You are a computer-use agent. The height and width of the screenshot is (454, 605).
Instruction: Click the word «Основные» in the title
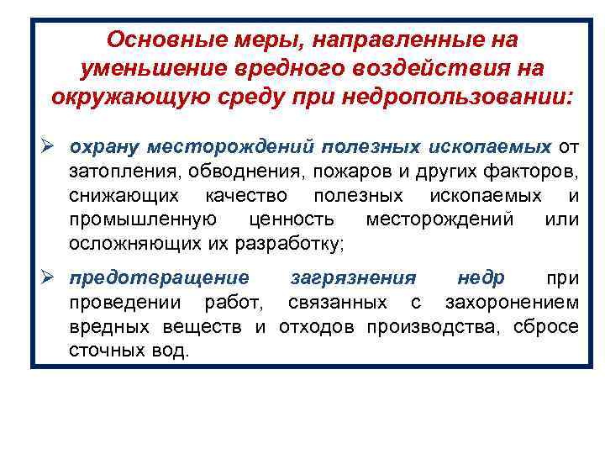pos(154,40)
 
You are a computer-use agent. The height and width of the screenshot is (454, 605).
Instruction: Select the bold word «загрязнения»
pos(352,277)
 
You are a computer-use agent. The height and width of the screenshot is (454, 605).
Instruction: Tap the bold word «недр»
pos(481,277)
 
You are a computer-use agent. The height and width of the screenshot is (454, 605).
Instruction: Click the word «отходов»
pos(313,326)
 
